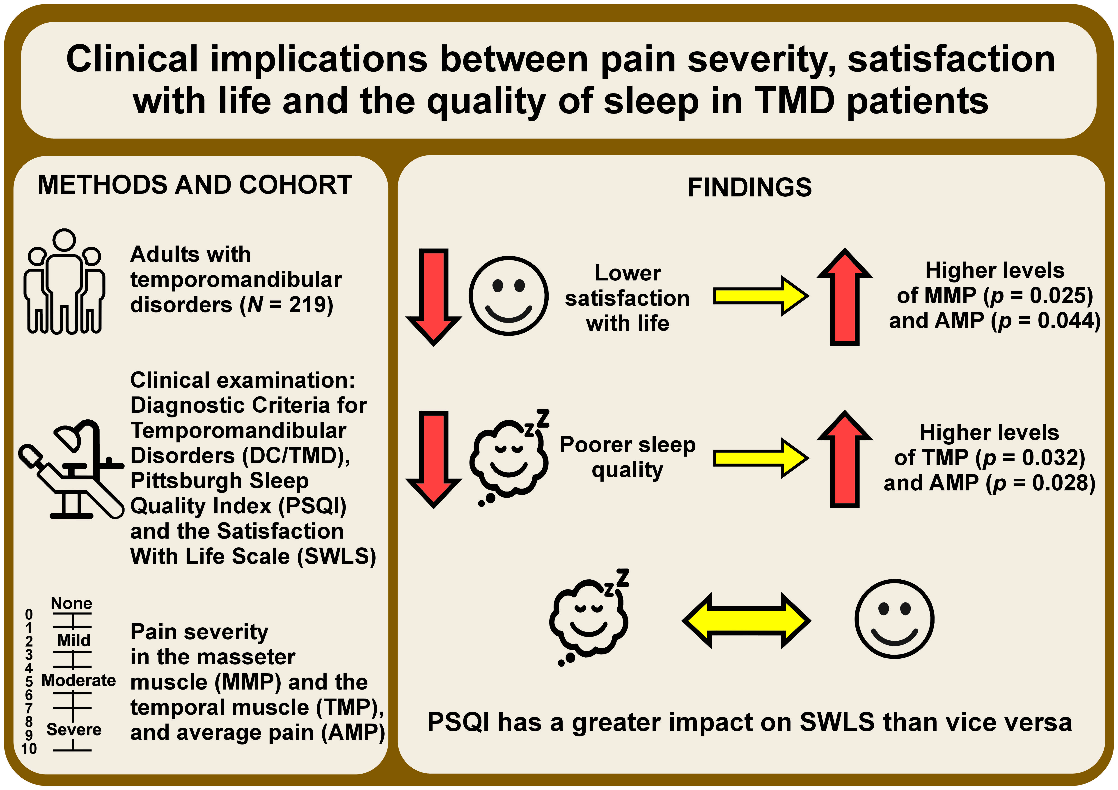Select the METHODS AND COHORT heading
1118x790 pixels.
(195, 185)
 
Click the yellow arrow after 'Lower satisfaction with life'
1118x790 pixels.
(761, 296)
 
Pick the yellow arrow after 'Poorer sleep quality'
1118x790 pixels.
(761, 458)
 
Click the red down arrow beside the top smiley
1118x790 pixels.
(433, 297)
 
